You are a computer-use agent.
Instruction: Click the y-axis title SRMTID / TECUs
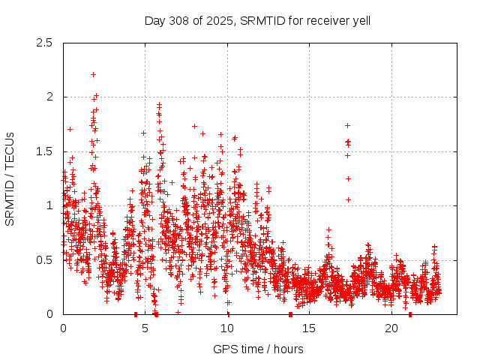10,178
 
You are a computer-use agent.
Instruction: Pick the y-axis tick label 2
49,97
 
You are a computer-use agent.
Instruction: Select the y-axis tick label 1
49,205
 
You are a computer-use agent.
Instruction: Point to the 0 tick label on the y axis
49,314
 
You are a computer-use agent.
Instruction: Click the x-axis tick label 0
63,328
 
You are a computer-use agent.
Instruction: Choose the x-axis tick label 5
145,328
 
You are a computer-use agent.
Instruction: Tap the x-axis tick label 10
227,328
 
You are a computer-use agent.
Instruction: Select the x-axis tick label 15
310,328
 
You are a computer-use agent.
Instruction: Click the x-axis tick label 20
391,328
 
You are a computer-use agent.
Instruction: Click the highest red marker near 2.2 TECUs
93,74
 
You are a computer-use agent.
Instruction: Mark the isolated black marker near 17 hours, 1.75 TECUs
347,125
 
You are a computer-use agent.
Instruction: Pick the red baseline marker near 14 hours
290,313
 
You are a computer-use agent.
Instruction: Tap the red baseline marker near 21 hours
409,313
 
